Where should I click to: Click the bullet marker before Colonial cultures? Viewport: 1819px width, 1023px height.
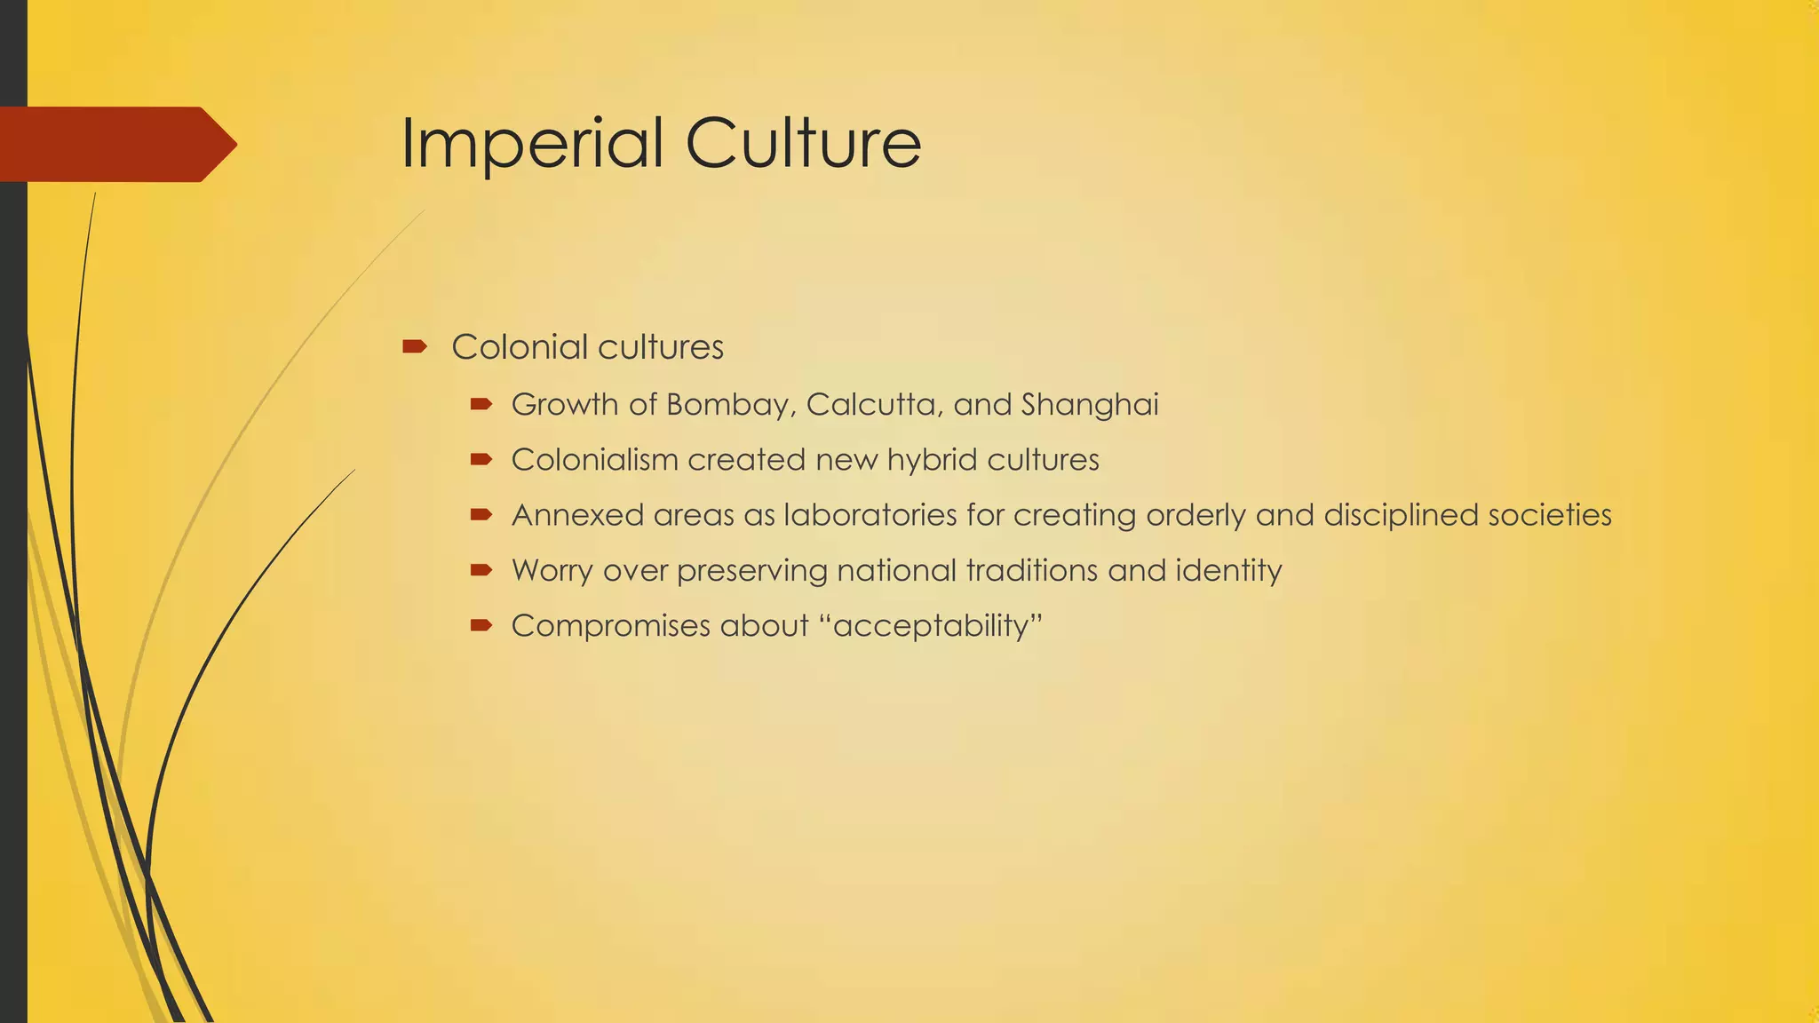click(414, 346)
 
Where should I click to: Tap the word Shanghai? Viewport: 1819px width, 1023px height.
click(1090, 405)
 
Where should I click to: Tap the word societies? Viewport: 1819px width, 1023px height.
click(1550, 515)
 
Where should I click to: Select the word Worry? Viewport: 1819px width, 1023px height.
click(552, 570)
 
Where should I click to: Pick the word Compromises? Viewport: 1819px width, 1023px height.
click(610, 626)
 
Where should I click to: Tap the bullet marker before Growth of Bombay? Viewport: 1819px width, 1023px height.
click(481, 405)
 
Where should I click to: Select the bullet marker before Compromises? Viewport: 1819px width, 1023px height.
click(481, 626)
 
